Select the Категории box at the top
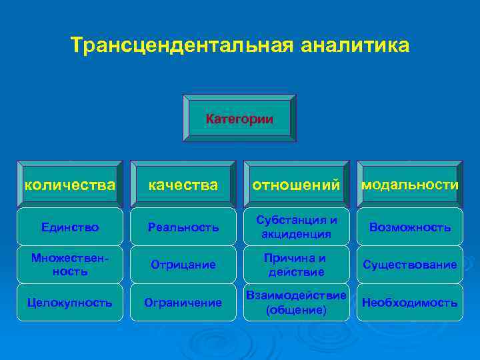239,119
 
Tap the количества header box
69,184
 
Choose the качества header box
183,184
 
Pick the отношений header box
296,184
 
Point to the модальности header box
409,184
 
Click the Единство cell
69,227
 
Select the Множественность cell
69,265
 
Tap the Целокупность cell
69,303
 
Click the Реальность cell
183,227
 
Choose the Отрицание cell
183,265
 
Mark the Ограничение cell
183,303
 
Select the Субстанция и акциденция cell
296,227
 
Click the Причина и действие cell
296,265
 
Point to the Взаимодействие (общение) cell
296,303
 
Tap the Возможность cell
409,227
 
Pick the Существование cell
409,265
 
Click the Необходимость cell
409,303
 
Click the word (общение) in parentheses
296,310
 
